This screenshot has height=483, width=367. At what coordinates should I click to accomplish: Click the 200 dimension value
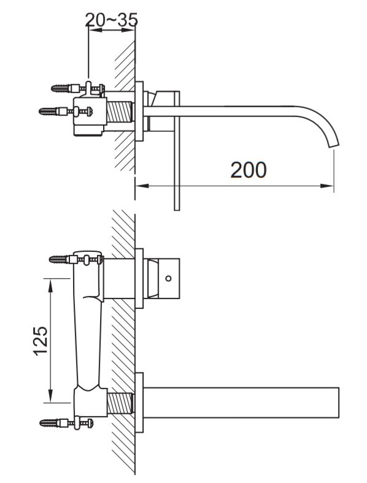[x=249, y=170]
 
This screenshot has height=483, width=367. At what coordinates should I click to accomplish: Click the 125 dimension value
[x=41, y=341]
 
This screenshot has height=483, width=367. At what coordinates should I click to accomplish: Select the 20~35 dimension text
[x=111, y=20]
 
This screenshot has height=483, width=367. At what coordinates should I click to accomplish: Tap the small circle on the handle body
[x=168, y=278]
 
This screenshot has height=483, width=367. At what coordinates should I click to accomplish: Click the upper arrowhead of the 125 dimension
[x=50, y=285]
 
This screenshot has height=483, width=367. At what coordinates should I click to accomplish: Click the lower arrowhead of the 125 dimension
[x=50, y=396]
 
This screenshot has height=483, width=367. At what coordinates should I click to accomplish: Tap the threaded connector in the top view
[x=120, y=112]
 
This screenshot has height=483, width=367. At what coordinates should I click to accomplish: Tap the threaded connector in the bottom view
[x=120, y=403]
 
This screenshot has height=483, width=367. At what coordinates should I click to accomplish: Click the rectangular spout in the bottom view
[x=241, y=403]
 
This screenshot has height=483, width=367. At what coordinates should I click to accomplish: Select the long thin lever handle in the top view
[x=177, y=151]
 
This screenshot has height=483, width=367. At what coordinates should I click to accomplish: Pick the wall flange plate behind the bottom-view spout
[x=139, y=403]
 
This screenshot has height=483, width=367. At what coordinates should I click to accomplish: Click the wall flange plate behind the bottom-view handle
[x=139, y=278]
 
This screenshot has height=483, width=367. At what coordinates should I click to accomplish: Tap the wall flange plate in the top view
[x=139, y=111]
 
